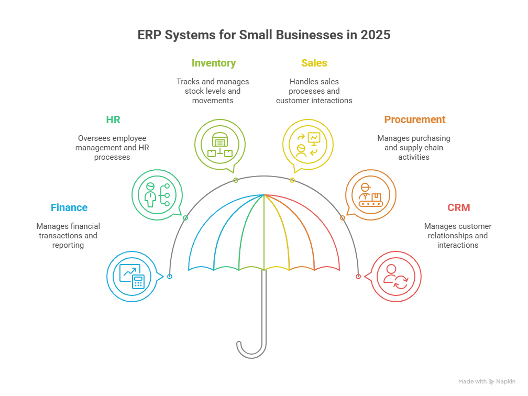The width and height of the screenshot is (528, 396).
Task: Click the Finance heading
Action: (69, 207)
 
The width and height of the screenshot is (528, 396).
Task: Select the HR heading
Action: (113, 119)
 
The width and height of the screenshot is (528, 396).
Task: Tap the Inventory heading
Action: (213, 63)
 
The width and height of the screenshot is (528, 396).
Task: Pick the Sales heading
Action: (314, 63)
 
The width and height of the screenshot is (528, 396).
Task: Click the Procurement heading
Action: (415, 119)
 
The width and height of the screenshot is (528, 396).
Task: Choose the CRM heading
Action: (458, 207)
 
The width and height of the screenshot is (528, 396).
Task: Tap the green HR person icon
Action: (157, 195)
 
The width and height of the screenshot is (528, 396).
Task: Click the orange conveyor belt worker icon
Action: (371, 195)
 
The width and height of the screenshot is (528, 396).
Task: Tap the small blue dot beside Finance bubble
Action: (170, 276)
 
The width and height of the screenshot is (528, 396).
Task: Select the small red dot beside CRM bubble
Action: (358, 276)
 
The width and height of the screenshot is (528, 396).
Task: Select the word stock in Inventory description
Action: (195, 91)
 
